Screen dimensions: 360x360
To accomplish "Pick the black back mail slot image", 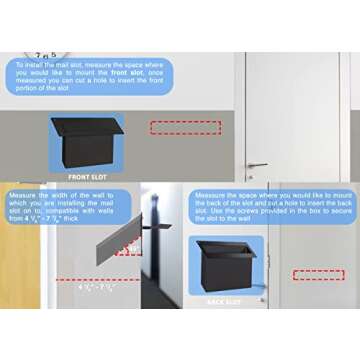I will click(x=229, y=265).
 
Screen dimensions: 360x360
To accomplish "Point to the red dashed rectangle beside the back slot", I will click(x=317, y=274).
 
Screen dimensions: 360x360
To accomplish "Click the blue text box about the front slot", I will click(x=90, y=78).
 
